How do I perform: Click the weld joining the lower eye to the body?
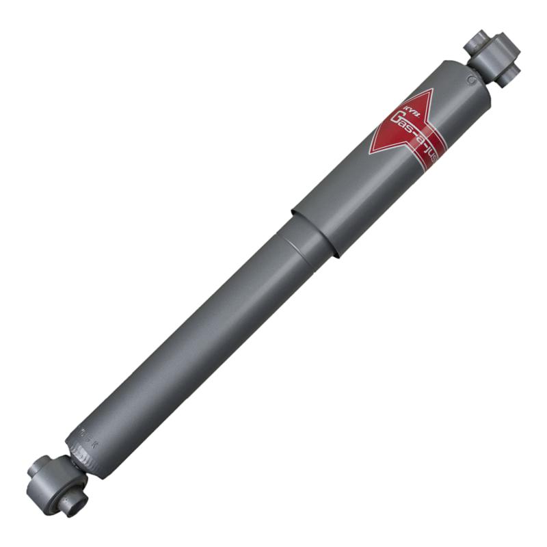click(71, 457)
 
